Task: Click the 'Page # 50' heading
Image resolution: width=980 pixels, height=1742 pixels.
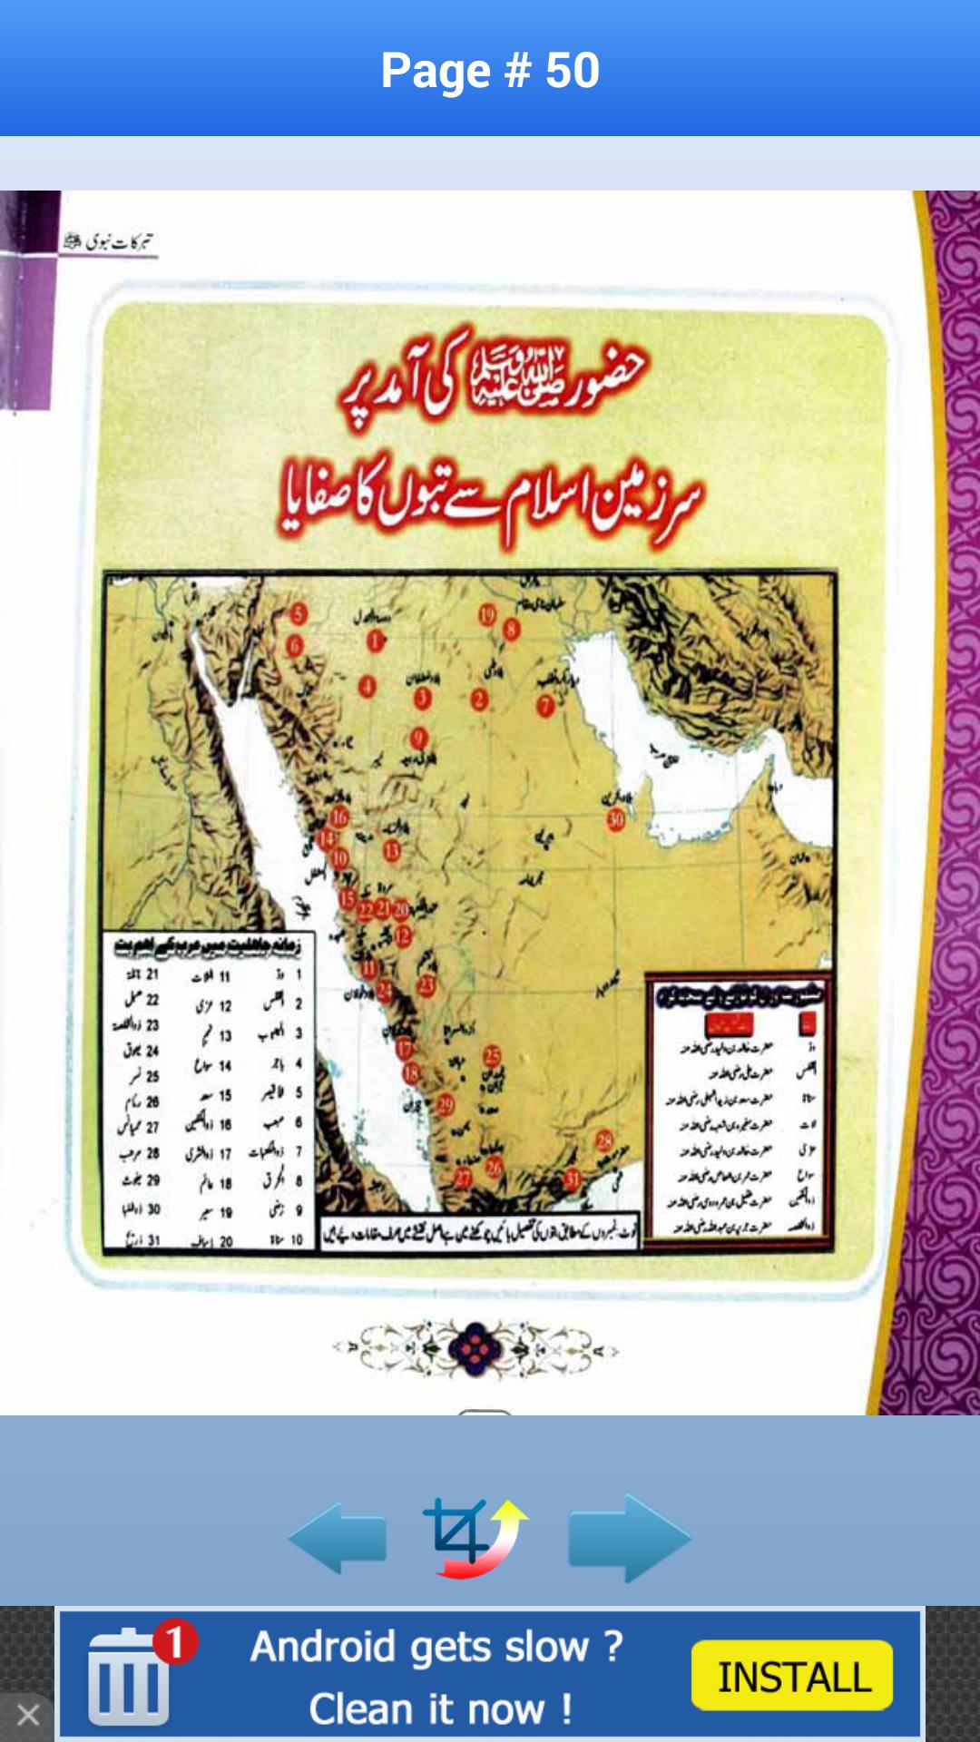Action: coord(490,70)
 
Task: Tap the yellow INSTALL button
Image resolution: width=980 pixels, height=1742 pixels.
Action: coord(792,1676)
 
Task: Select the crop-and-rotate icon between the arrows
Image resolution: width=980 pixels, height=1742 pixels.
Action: coord(474,1538)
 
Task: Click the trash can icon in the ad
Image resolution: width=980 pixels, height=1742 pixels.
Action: coord(129,1678)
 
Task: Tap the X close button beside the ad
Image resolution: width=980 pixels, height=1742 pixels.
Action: coord(27,1715)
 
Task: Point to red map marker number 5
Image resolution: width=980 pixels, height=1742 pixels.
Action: coord(299,614)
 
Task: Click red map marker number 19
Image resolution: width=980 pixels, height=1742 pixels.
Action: coord(487,615)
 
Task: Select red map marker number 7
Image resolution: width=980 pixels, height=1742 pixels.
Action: coord(545,705)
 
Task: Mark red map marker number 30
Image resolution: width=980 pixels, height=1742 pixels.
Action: coord(616,820)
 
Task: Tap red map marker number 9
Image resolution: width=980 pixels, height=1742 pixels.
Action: coord(418,737)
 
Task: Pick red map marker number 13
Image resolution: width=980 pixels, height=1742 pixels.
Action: coord(392,850)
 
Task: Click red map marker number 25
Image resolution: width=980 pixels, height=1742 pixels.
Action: coord(492,1055)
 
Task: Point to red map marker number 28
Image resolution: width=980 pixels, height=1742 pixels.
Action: coord(604,1140)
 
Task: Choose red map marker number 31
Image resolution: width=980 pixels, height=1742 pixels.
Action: coord(573,1179)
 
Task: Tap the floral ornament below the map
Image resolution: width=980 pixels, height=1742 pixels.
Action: coord(475,1349)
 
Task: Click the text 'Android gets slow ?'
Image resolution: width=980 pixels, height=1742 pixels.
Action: coord(436,1647)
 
